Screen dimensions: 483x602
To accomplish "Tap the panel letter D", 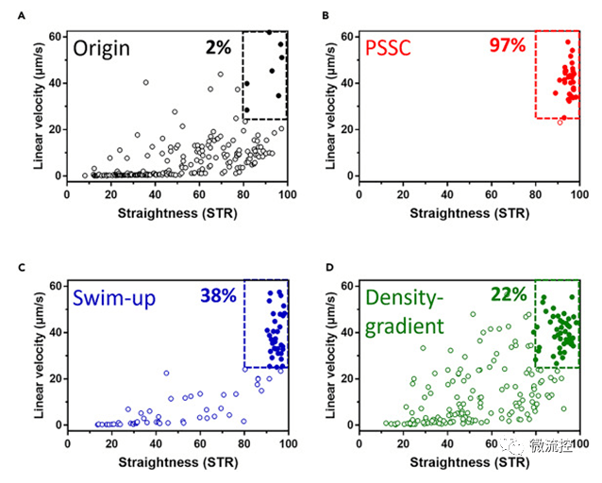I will (x=326, y=267).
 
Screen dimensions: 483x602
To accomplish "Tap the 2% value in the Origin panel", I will (x=219, y=46).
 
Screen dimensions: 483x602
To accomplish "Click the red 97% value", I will (x=508, y=45).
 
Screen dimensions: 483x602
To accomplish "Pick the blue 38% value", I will (x=219, y=295).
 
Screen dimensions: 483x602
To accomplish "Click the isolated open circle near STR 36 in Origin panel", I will (x=145, y=82).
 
